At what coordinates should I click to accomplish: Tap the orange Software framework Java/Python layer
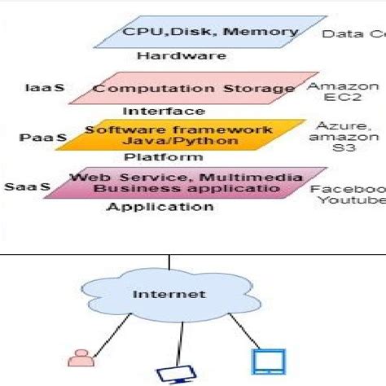click(179, 135)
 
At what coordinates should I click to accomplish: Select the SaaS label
click(27, 186)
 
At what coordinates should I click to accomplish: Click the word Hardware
click(169, 56)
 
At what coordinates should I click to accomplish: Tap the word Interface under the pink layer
click(163, 111)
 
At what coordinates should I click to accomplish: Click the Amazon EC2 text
click(343, 93)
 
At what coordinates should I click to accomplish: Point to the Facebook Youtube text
click(349, 194)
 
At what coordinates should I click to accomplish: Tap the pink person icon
click(79, 355)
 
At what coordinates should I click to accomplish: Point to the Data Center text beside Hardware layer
click(353, 34)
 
